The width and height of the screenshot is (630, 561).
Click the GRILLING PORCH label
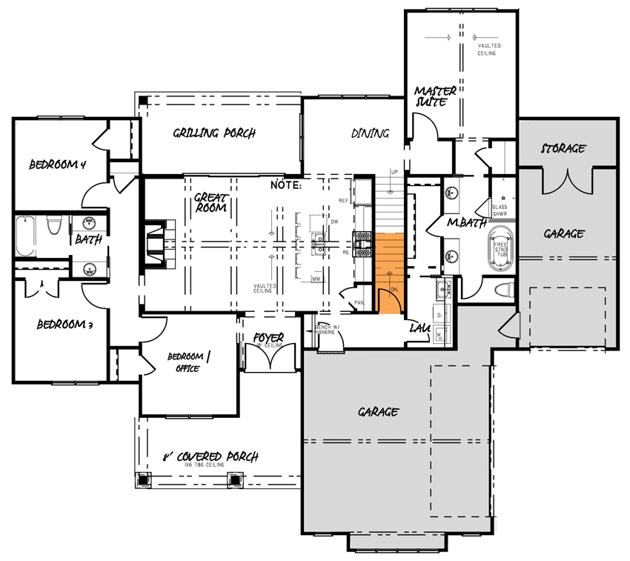tap(214, 133)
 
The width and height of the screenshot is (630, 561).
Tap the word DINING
tap(370, 133)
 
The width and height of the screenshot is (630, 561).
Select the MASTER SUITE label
tap(435, 96)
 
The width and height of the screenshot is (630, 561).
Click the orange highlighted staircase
tap(389, 263)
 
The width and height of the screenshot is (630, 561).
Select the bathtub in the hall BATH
tap(25, 236)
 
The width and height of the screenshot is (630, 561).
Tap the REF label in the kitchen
tap(343, 201)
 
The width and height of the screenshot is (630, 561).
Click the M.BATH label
tap(467, 224)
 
